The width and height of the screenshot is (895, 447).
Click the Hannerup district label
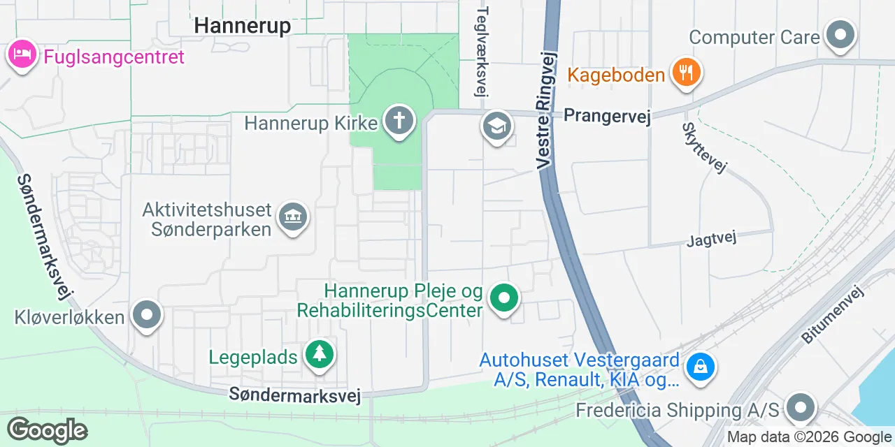coord(242,25)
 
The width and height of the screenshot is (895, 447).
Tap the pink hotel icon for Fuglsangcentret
coord(22,54)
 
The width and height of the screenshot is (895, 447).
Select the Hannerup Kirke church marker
coord(399,121)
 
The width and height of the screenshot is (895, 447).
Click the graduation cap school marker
coord(496,126)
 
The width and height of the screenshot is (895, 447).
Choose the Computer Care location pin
coord(840,34)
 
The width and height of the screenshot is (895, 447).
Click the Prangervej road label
coord(607,116)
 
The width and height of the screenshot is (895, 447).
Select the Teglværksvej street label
coord(482,52)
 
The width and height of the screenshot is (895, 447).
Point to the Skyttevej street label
coord(705,147)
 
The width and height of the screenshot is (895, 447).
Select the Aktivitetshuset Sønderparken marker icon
coord(293,217)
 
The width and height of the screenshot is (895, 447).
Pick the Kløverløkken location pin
coord(147,315)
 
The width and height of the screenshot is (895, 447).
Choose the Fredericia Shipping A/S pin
coord(801,406)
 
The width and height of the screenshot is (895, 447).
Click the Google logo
coord(48,430)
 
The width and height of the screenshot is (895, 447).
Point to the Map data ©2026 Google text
coord(808,437)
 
